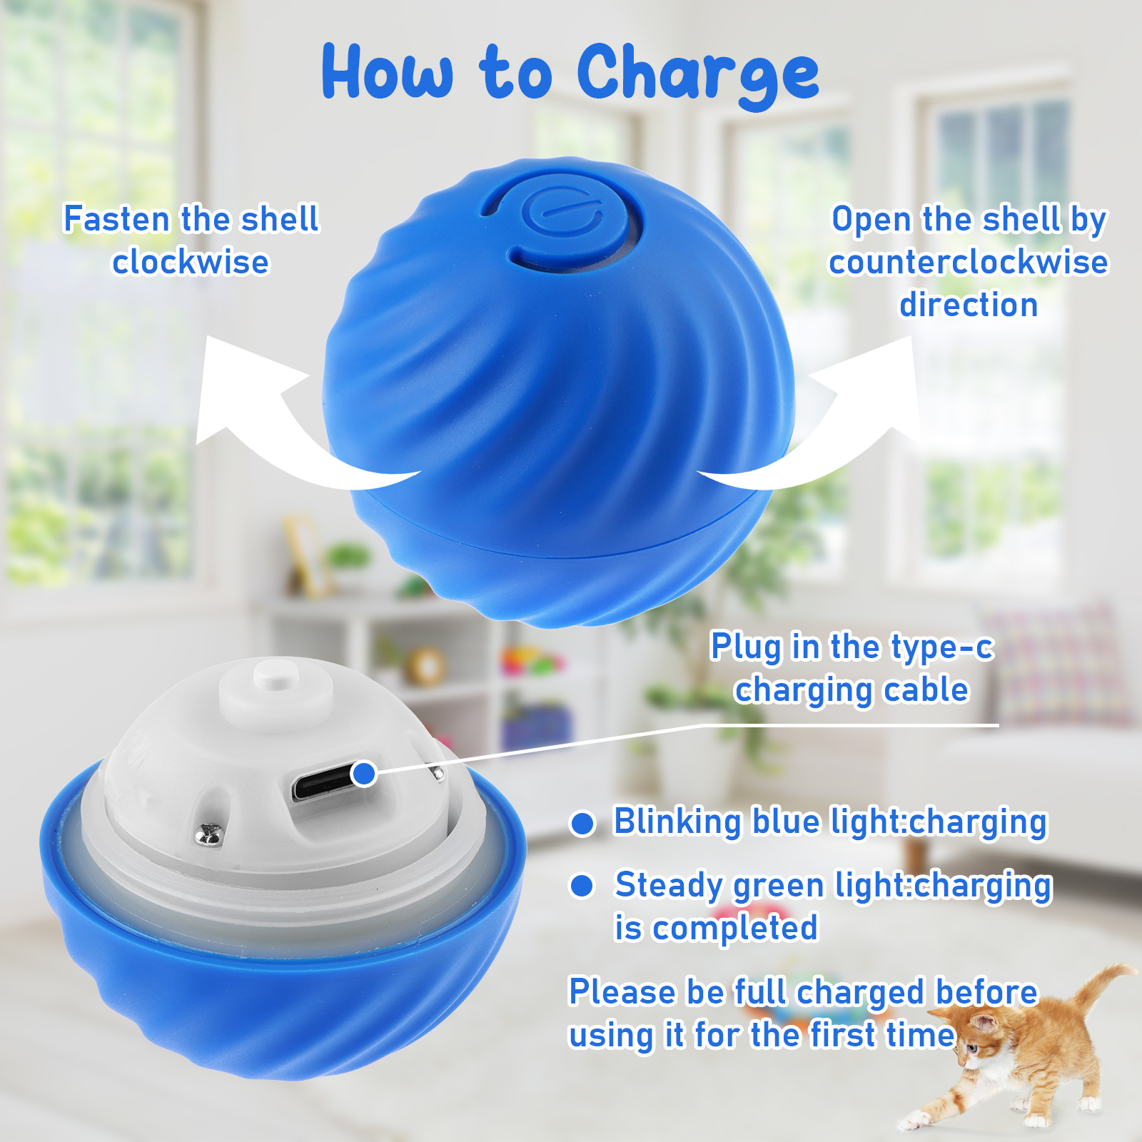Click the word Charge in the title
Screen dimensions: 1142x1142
[x=698, y=74]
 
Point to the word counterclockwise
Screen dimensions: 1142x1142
[x=969, y=262]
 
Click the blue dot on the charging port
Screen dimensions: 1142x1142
[x=365, y=773]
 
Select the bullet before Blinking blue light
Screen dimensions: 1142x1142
[x=582, y=823]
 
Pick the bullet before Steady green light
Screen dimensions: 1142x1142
[x=582, y=886]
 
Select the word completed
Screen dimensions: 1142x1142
[x=735, y=928]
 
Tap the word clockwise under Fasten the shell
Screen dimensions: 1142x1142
[x=191, y=262]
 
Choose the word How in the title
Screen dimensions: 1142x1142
[x=387, y=71]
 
